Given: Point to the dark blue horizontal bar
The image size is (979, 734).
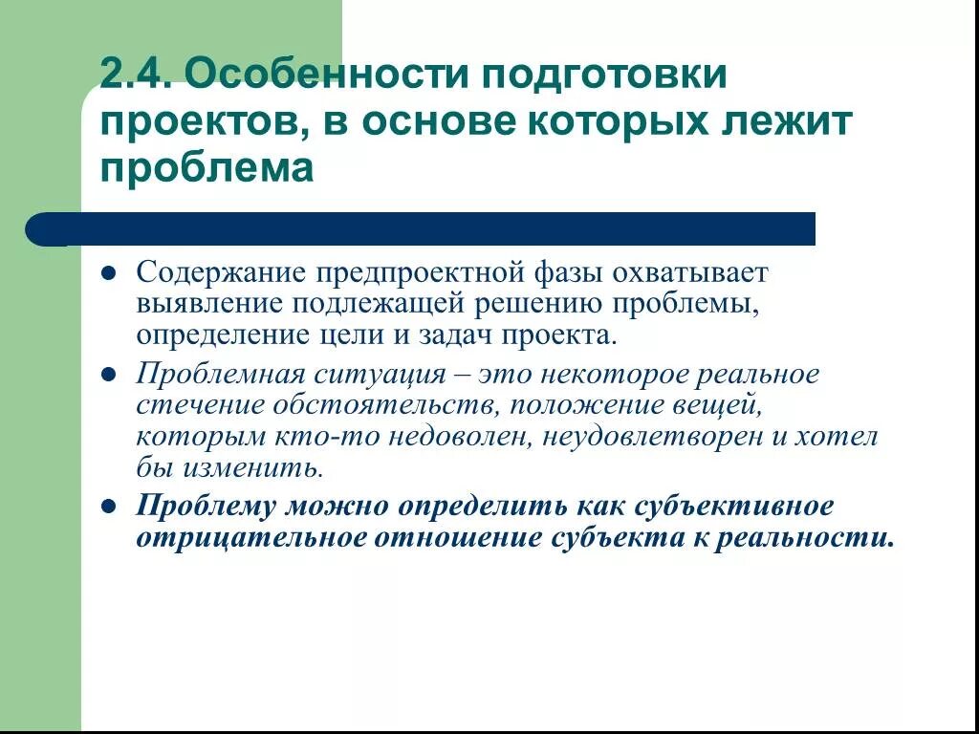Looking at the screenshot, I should [x=421, y=229].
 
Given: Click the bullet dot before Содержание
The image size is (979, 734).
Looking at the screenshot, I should [x=109, y=273].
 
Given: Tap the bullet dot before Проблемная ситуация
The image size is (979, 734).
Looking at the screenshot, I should [x=109, y=375].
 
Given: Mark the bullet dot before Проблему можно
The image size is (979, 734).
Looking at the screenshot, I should [x=109, y=506].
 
